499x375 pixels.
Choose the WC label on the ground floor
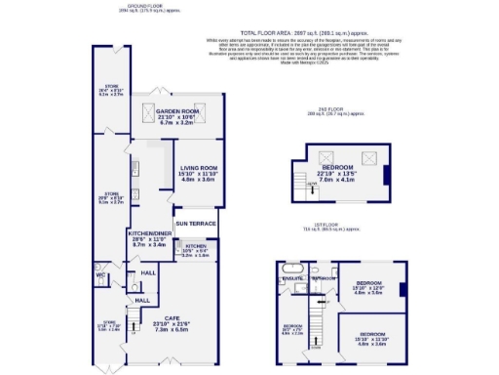coord(100,275)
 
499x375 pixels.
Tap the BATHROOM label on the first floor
coord(324,278)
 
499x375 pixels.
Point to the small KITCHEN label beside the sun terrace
coord(196,247)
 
